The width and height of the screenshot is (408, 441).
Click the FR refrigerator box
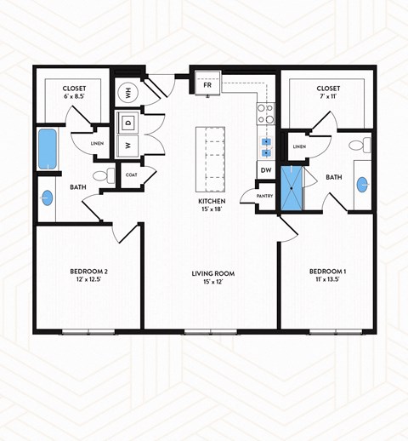[x=207, y=85]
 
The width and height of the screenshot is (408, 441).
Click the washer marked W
[x=127, y=146]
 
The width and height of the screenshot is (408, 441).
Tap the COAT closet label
[x=132, y=175]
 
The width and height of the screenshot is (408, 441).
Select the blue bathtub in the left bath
[x=45, y=149]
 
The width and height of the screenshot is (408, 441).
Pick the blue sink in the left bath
[x=46, y=198]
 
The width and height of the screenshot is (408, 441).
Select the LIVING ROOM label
[x=213, y=274]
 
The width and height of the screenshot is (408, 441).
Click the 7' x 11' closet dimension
[x=328, y=98]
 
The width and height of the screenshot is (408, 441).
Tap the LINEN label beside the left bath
[x=98, y=144]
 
